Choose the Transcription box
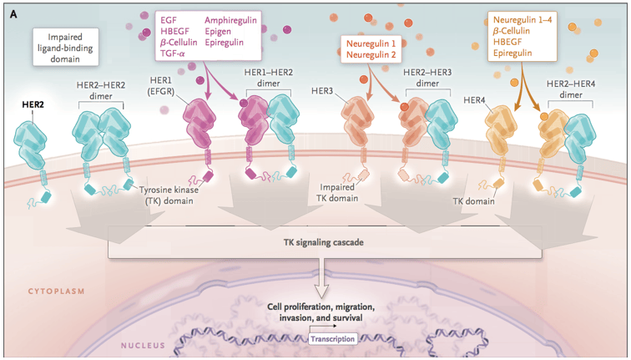(333, 338)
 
